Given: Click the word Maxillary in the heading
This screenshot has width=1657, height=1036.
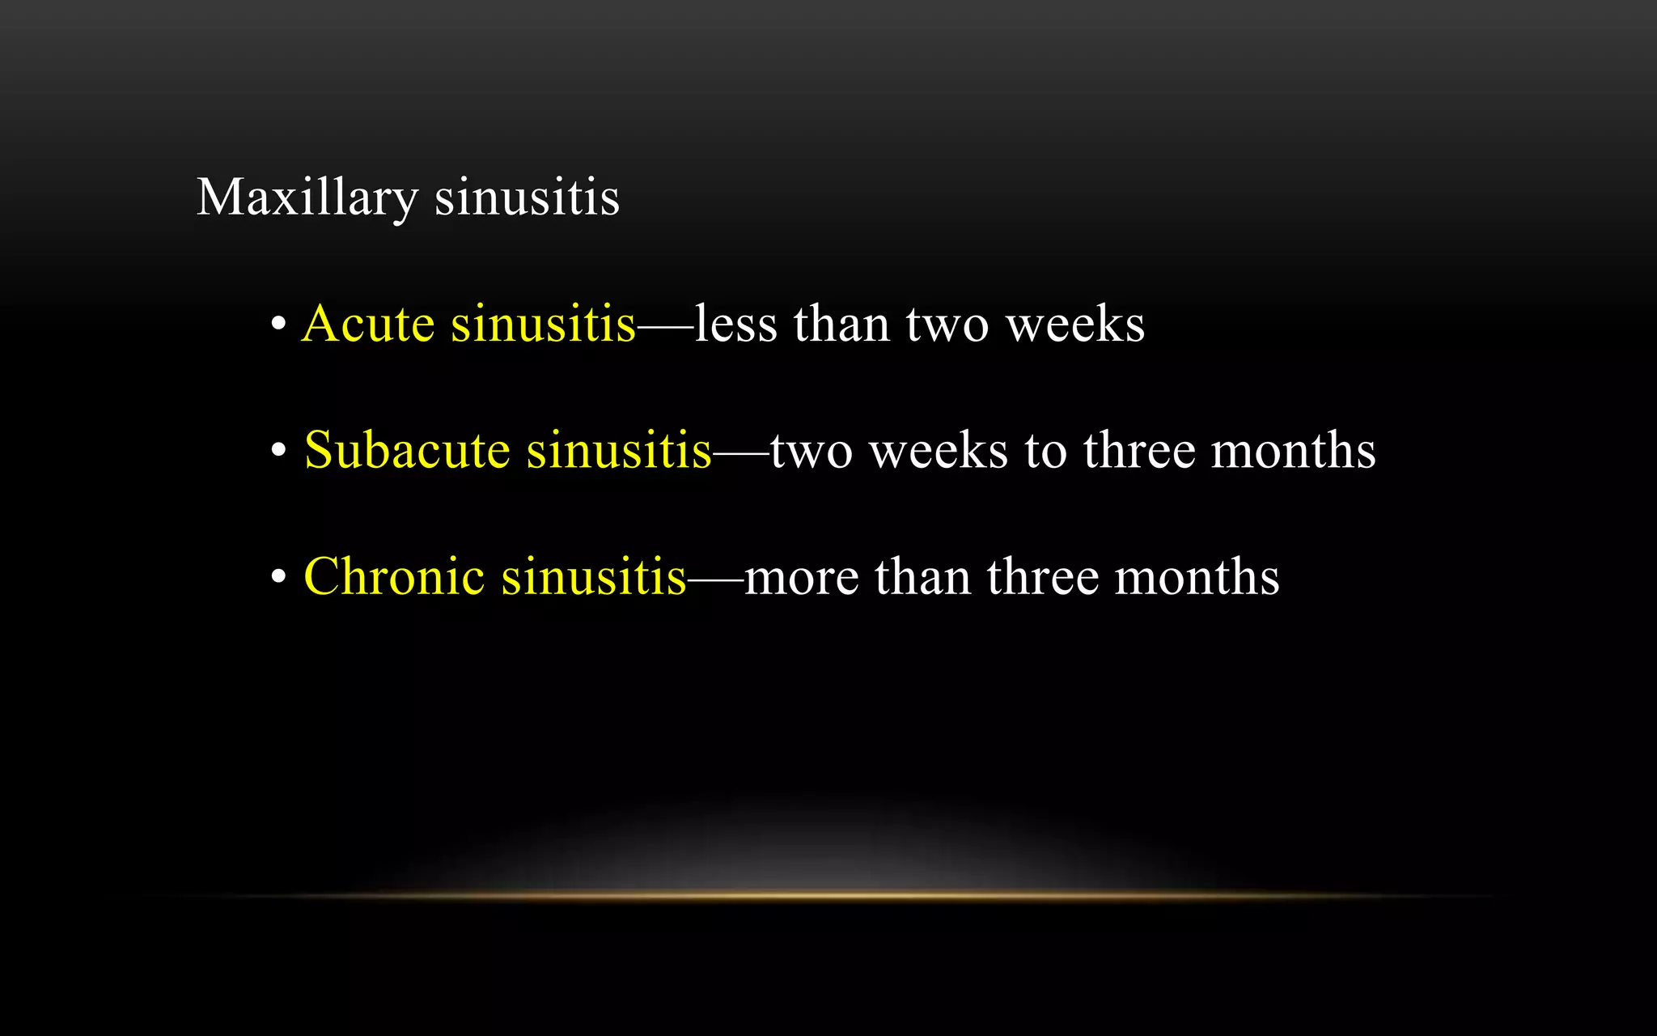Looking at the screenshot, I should pos(307,197).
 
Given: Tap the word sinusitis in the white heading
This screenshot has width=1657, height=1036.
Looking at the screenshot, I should pos(527,197).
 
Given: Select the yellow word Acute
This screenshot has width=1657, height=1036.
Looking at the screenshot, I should pos(368,324).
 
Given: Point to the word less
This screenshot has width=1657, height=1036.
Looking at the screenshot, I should pos(735,324).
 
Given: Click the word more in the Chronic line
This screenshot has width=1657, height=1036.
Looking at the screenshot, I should pos(801,578).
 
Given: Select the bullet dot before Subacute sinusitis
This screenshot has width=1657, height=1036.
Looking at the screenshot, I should pos(278,452).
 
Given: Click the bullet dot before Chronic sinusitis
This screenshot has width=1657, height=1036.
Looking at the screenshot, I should pos(278,578).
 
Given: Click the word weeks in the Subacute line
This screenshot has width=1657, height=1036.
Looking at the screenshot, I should pos(939,450).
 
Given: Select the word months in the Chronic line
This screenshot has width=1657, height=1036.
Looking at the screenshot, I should pos(1197,576).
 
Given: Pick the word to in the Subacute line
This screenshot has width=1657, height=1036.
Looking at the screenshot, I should pos(1045,452).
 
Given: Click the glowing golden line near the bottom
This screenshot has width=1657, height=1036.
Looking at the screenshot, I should pos(828,895).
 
